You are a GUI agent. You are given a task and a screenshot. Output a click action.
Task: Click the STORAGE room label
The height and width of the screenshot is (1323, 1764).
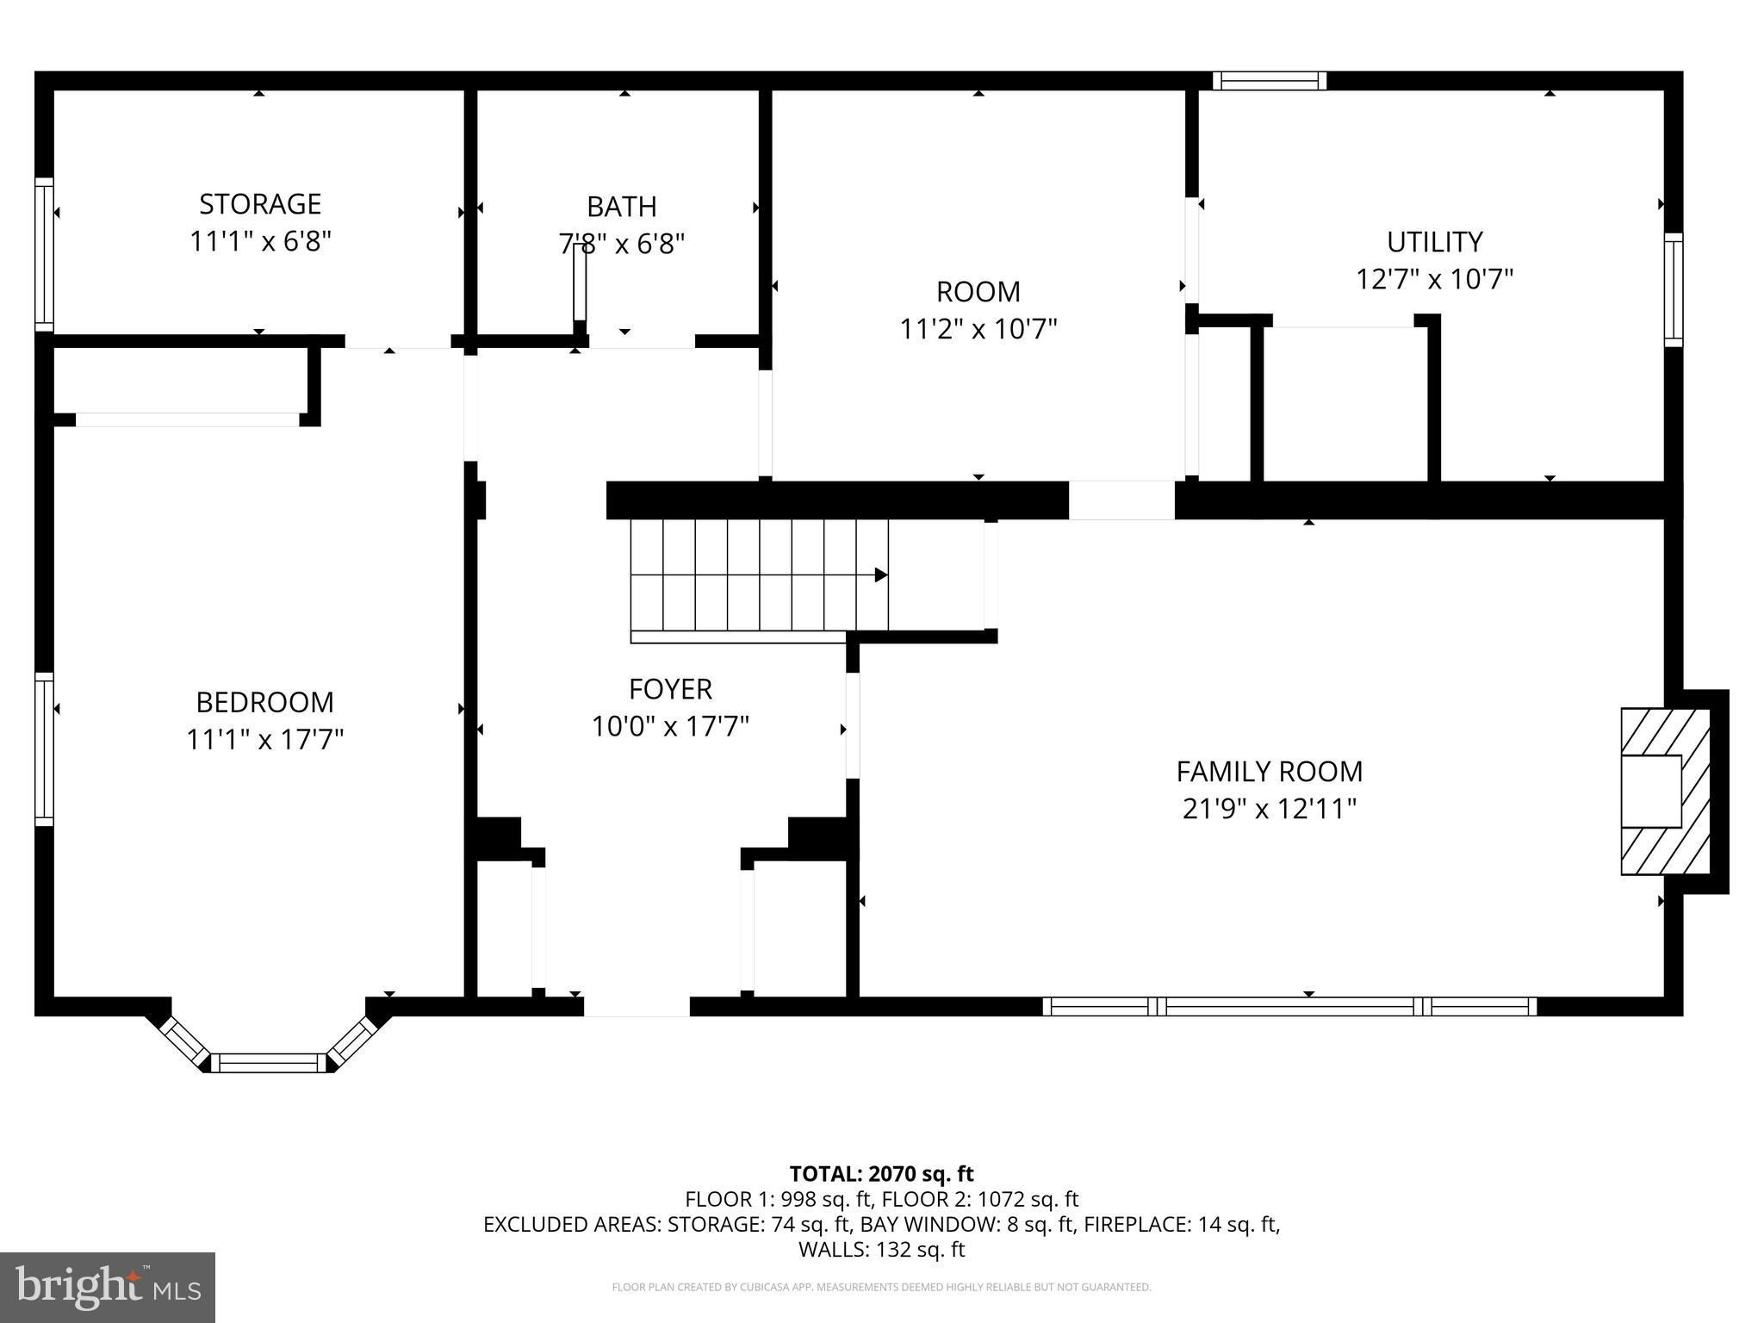[x=260, y=204]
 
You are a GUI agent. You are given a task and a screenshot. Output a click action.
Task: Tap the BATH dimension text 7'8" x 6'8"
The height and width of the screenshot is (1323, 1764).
[x=622, y=245]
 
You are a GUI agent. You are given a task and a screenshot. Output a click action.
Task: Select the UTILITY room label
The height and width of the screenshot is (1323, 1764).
[x=1435, y=242]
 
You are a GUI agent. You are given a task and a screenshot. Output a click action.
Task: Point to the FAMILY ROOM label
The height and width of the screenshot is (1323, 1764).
[x=1270, y=771]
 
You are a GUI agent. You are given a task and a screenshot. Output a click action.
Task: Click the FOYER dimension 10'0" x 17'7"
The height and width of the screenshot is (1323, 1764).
[x=670, y=727]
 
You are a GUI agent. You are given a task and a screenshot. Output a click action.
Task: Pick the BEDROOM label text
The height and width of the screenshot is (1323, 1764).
[x=264, y=703]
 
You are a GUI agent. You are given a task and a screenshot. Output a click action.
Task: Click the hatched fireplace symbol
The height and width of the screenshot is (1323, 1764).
[x=1665, y=791]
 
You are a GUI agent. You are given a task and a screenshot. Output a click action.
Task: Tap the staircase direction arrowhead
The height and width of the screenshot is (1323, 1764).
[x=881, y=575]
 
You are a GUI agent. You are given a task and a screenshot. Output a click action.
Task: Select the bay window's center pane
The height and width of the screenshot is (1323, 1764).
[x=269, y=1062]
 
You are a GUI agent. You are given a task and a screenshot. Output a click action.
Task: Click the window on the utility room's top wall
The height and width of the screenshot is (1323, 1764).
[x=1270, y=81]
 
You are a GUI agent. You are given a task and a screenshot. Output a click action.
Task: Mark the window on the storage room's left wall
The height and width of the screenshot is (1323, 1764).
[x=44, y=254]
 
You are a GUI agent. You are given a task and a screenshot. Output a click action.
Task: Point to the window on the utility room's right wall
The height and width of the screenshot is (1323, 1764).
[x=1673, y=289]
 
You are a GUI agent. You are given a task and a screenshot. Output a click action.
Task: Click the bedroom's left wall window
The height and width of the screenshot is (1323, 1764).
[x=44, y=749]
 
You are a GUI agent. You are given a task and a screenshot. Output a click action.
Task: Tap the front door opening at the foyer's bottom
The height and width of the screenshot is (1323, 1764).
[x=637, y=1006]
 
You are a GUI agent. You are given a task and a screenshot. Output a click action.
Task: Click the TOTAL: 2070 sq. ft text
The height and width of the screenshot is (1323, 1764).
[x=881, y=1174]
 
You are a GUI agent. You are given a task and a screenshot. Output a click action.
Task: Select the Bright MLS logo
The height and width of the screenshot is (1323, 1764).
[x=108, y=1288]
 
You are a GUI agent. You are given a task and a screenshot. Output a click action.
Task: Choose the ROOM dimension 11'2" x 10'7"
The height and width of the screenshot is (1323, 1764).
[x=978, y=329]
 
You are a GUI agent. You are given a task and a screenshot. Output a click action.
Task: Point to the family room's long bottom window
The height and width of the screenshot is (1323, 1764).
[x=1289, y=1006]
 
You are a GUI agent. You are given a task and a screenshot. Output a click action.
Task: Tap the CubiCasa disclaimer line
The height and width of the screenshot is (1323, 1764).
[x=881, y=1288]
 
